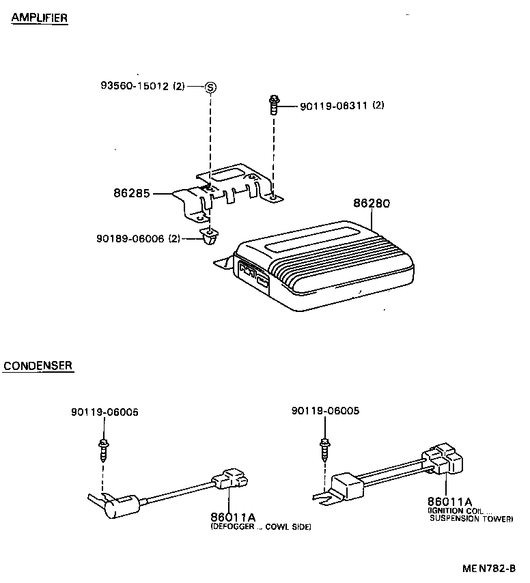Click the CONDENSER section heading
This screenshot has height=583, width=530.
[x=38, y=366]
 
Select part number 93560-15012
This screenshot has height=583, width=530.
[x=135, y=86]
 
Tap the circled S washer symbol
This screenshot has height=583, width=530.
[x=210, y=87]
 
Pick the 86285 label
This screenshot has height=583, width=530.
[x=132, y=194]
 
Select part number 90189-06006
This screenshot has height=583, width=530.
[x=130, y=238]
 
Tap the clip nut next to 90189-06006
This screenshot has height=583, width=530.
[x=209, y=236]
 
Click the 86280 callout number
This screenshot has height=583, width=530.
[x=372, y=203]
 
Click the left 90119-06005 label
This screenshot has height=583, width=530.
[x=104, y=412]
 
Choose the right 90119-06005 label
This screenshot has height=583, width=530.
[x=324, y=411]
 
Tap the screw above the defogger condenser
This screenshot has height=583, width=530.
[x=104, y=449]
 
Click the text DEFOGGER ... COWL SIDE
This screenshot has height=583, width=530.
[x=260, y=527]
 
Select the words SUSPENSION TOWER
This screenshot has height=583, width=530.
[x=471, y=519]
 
